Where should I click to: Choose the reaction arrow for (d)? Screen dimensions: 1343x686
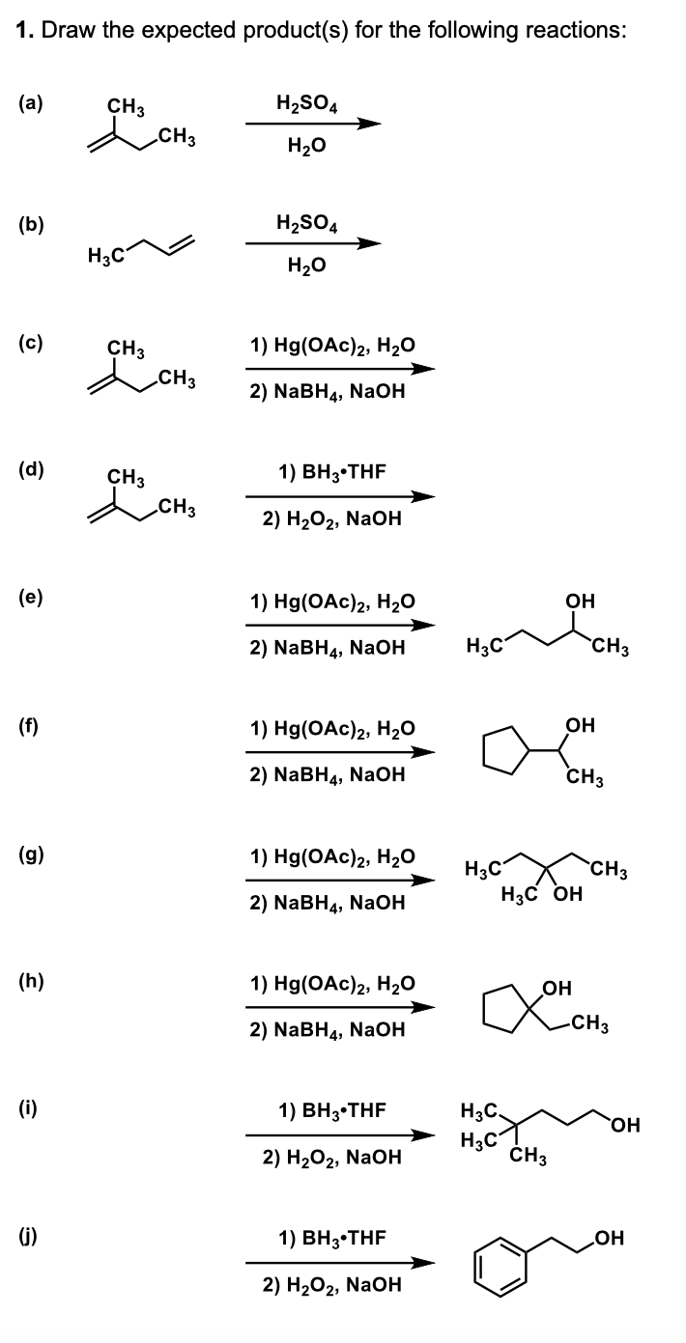coord(340,497)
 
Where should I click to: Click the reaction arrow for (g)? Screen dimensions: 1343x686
coord(340,881)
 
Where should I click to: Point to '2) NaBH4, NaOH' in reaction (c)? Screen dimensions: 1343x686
coord(326,392)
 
